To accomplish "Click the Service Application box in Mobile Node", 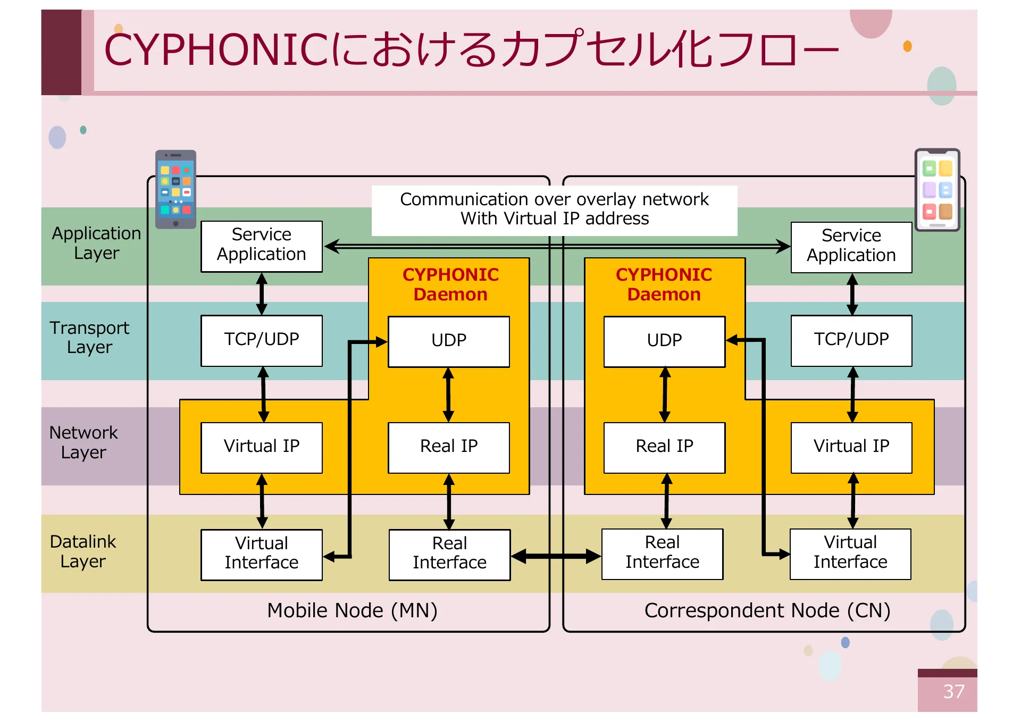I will (x=261, y=246).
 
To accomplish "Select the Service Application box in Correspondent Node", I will (x=851, y=247).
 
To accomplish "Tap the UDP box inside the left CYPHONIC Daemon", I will (x=448, y=341).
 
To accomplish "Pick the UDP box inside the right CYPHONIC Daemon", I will (x=664, y=341).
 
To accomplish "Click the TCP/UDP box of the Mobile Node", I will (x=261, y=340).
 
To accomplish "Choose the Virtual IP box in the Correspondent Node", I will (x=851, y=447).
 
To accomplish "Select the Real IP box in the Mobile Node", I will (x=448, y=447).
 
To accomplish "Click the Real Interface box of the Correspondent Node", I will (x=662, y=553).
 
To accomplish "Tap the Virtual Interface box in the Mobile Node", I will (x=261, y=554).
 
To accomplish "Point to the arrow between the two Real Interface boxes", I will (x=556, y=557).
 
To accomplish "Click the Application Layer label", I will (x=96, y=243).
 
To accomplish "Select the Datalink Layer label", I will (x=83, y=551).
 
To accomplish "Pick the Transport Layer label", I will (x=89, y=338).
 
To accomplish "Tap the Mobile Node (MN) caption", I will (x=352, y=610).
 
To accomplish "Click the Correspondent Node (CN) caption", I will (x=767, y=610).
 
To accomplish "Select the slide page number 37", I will (x=953, y=692).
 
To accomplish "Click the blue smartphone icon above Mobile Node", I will (x=175, y=189).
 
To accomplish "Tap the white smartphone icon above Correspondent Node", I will (x=937, y=190).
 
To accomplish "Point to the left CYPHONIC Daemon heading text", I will (x=450, y=284).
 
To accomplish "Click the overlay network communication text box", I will (x=554, y=209).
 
